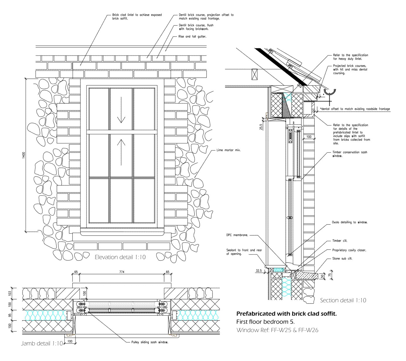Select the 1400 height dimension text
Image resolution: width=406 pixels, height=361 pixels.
click(x=24, y=155)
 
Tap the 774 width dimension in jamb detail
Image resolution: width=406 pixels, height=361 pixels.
click(x=122, y=272)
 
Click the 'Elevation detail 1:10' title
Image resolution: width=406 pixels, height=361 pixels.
click(x=120, y=257)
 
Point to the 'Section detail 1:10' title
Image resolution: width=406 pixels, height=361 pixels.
click(x=343, y=300)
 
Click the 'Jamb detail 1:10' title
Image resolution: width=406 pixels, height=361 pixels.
click(x=42, y=343)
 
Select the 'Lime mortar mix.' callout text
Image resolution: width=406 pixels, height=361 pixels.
click(x=228, y=150)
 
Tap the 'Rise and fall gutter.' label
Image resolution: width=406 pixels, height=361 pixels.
click(x=192, y=37)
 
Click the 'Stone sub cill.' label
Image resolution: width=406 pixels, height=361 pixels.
click(x=342, y=259)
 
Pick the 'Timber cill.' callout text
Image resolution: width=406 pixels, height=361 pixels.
click(x=340, y=241)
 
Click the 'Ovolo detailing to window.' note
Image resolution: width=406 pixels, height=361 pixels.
click(x=350, y=222)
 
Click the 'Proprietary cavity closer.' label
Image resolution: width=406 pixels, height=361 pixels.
click(x=349, y=250)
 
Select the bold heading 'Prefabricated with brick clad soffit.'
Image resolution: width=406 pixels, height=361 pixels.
click(x=286, y=314)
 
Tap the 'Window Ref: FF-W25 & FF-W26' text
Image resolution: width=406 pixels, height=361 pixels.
click(x=277, y=330)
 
